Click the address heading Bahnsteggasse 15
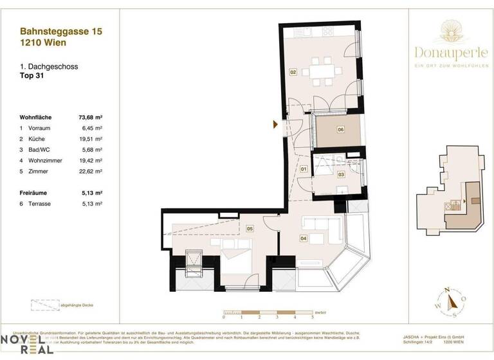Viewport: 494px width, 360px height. pyautogui.click(x=61, y=30)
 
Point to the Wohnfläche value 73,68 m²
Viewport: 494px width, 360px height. pyautogui.click(x=91, y=118)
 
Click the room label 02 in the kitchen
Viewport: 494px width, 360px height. pyautogui.click(x=293, y=73)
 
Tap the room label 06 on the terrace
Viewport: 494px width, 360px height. pyautogui.click(x=340, y=129)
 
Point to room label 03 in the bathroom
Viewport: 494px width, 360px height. pyautogui.click(x=341, y=174)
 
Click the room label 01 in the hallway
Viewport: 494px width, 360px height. pyautogui.click(x=304, y=169)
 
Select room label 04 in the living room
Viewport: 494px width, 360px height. pyautogui.click(x=303, y=238)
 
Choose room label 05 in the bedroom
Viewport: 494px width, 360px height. pyautogui.click(x=249, y=228)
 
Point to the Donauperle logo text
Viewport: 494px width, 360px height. pyautogui.click(x=459, y=53)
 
